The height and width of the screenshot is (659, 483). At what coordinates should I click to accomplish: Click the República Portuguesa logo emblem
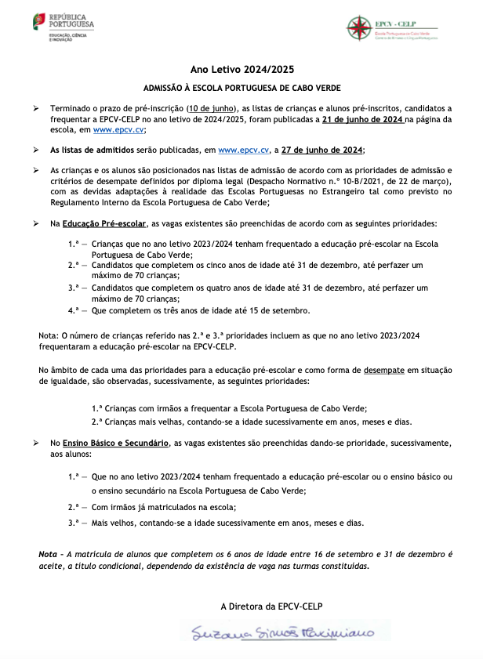(39, 22)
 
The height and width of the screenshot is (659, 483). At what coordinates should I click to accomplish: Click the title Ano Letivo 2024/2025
(242, 70)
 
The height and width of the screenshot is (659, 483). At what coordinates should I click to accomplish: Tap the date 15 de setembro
(277, 310)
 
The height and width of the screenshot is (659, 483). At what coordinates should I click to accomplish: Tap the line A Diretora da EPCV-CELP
(271, 606)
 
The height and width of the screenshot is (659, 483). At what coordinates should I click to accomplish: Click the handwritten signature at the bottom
(278, 632)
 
